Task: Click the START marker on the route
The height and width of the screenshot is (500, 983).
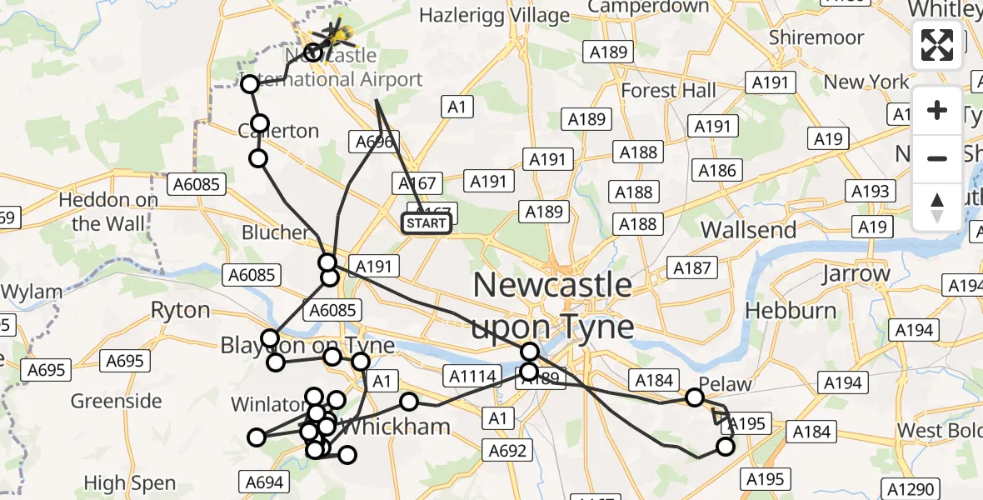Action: coord(427,223)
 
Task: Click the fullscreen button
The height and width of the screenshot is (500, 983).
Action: coord(937,45)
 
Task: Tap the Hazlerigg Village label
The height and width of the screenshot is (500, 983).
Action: coord(494,15)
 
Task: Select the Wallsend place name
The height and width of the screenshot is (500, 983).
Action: coord(748,229)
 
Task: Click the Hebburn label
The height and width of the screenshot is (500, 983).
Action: coord(790,310)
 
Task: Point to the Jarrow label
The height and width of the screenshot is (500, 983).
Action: coord(856,273)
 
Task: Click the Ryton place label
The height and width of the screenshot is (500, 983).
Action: coord(180,310)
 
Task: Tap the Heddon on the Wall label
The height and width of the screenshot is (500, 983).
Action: coord(108,212)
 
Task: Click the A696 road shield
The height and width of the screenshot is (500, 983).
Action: coord(374,142)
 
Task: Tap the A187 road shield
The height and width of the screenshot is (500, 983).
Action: coord(691,267)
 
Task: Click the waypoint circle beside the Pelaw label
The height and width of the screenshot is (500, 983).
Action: coord(695,397)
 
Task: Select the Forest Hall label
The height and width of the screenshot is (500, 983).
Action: coord(668,90)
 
